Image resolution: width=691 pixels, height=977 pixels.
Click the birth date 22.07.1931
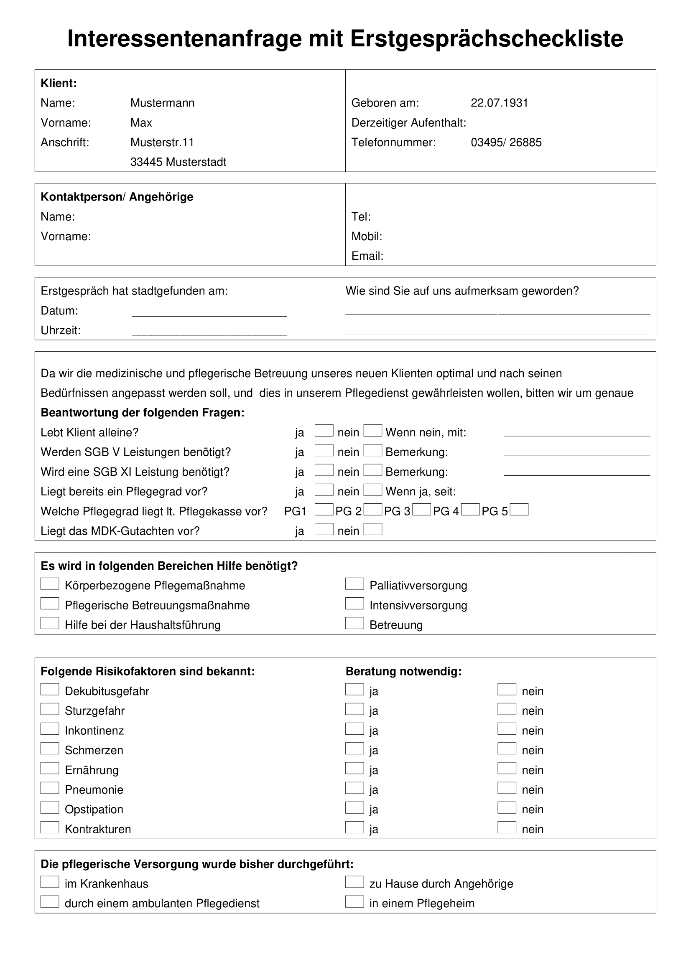pyautogui.click(x=499, y=103)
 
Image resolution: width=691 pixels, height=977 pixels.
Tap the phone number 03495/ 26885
pyautogui.click(x=506, y=142)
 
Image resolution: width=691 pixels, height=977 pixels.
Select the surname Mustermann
pyautogui.click(x=162, y=103)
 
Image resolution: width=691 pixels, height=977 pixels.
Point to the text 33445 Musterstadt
pyautogui.click(x=178, y=162)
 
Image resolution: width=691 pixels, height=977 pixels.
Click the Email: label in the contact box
pyautogui.click(x=367, y=256)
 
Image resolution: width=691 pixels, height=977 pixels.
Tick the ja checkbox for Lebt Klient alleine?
pyautogui.click(x=324, y=431)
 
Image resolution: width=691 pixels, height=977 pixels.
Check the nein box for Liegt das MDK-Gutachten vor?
pyautogui.click(x=373, y=529)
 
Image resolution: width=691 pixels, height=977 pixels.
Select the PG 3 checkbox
pyautogui.click(x=421, y=510)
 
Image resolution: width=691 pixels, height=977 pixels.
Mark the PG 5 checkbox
pyautogui.click(x=519, y=510)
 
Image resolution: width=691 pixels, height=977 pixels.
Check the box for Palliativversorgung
pyautogui.click(x=354, y=584)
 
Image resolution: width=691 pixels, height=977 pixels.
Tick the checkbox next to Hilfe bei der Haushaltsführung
pyautogui.click(x=50, y=623)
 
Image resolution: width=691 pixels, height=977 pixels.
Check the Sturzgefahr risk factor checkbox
pyautogui.click(x=50, y=709)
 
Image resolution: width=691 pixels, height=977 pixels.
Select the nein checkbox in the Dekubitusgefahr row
pyautogui.click(x=507, y=690)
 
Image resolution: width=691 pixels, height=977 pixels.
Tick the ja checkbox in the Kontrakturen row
pyautogui.click(x=354, y=827)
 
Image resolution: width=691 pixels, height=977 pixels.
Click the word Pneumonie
pyautogui.click(x=94, y=790)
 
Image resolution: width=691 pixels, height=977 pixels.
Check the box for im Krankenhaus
pyautogui.click(x=50, y=883)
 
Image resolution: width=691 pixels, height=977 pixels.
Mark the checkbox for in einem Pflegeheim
pyautogui.click(x=354, y=902)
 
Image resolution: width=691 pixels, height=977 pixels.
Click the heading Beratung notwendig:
pyautogui.click(x=403, y=672)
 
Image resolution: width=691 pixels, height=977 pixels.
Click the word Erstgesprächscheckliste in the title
pyautogui.click(x=487, y=39)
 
